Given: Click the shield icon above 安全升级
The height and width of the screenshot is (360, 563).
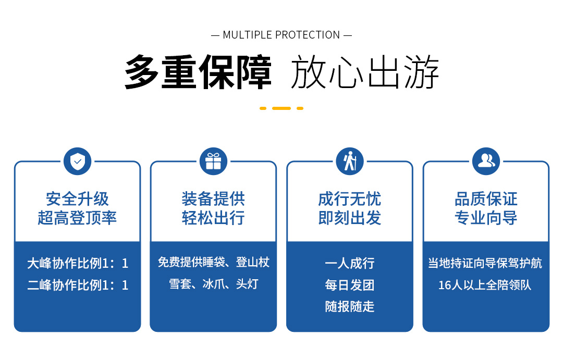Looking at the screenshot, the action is coord(77,162).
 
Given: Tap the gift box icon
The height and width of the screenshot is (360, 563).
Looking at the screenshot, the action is coord(213,162).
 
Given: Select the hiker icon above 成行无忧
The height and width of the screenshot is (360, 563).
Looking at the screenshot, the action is coord(350,162).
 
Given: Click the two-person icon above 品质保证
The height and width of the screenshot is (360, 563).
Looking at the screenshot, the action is coord(486,162).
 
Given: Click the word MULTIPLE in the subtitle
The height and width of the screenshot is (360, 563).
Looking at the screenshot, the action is coord(248,35).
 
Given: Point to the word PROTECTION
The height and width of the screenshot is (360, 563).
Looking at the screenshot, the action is coord(308,35).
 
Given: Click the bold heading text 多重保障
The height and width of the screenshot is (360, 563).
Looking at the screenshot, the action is coord(198,72).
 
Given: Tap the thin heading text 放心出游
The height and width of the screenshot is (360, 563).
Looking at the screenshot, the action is coord(365,72).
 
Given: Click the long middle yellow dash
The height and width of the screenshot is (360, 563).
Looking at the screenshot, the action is coord(281,108).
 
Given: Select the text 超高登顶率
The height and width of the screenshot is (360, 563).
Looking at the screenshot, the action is coord(77,218).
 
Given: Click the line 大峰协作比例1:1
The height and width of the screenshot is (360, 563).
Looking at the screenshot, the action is coord(78,264).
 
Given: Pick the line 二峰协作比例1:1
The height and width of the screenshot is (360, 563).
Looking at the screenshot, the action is coord(78,285).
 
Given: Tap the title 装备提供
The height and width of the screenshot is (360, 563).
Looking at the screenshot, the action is coord(213,199).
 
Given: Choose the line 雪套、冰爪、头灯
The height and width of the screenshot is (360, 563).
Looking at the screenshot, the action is coord(214,284).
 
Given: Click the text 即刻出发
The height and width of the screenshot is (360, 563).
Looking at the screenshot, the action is coord(350,218).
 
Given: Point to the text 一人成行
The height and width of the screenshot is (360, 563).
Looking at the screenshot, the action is coord(350,264).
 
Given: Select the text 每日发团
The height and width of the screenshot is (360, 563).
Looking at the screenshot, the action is coord(350,285).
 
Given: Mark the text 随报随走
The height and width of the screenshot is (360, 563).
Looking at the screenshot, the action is coord(350,307).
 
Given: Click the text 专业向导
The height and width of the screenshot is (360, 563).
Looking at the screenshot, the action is coord(486,218).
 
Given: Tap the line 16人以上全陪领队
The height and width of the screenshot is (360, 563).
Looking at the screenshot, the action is coord(485,285).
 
